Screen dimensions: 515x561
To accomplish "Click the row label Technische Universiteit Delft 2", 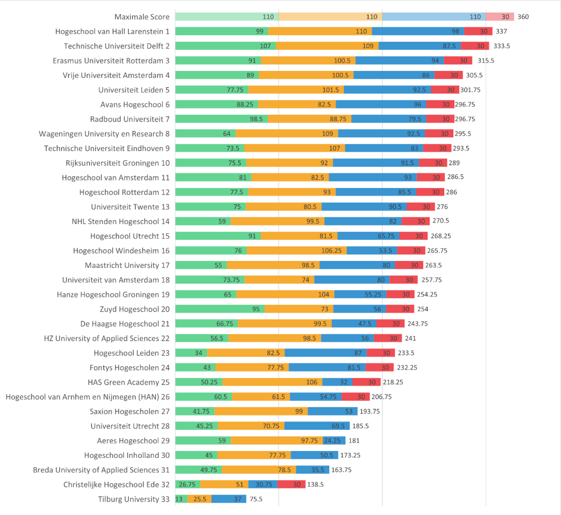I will point(117,46).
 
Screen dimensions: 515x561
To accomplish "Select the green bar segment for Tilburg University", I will point(181,499).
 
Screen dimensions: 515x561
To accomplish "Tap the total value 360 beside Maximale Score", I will point(523,17).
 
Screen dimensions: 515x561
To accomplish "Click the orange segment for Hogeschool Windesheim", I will point(297,251).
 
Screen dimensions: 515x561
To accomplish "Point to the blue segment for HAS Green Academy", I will point(337,382).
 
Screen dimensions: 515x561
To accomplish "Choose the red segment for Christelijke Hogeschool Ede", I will point(291,484).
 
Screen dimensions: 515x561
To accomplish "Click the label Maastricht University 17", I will point(127,265).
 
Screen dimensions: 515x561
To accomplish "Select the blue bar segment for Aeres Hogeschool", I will point(334,441).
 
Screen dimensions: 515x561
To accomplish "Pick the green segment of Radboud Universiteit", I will point(221,119).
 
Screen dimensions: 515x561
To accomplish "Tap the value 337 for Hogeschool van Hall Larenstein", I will point(501,32).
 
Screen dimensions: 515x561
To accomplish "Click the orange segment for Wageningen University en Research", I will point(286,133).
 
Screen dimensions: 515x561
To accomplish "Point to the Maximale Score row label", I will point(142,17).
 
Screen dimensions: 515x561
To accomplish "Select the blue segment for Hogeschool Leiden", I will point(325,353).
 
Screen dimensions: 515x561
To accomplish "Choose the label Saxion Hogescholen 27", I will point(129,412).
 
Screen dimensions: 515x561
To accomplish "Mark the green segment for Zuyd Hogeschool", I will point(219,309).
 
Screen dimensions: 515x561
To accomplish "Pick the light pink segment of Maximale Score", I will point(500,17).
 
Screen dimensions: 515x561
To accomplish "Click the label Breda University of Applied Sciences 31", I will point(101,470).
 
